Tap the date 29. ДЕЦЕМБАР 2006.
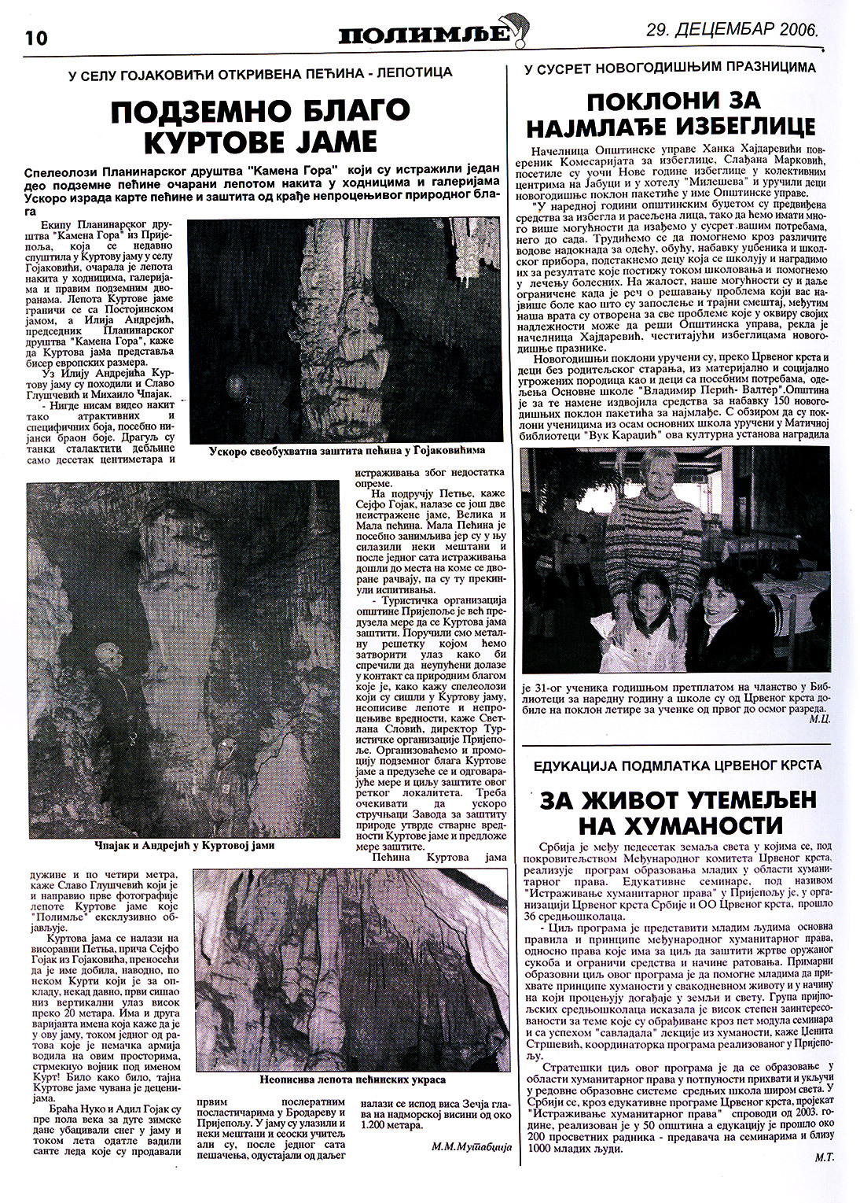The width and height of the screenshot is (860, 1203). pyautogui.click(x=731, y=31)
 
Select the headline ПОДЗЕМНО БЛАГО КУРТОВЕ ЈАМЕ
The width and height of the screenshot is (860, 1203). pyautogui.click(x=260, y=126)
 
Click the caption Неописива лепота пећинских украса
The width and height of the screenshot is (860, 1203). pyautogui.click(x=351, y=1079)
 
